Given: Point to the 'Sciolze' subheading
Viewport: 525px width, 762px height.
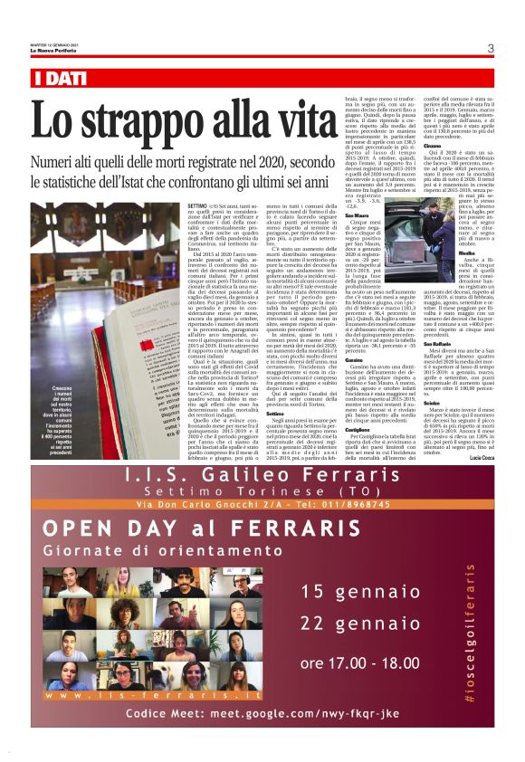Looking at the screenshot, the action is click(x=431, y=405).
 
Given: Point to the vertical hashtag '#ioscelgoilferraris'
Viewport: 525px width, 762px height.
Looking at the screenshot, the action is click(x=469, y=633).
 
